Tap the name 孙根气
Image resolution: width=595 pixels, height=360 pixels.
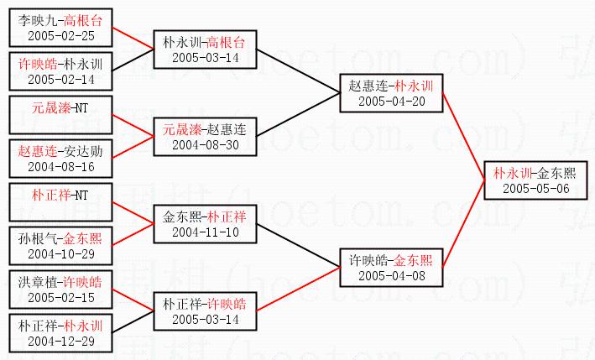pos(39,238)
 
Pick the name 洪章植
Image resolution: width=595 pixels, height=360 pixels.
pos(39,282)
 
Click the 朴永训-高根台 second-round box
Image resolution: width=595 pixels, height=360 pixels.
pos(205,49)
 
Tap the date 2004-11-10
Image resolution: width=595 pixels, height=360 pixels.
pos(205,232)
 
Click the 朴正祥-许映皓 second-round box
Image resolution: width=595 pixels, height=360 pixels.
pos(205,310)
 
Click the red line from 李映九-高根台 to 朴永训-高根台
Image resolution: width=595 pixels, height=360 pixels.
pos(133,39)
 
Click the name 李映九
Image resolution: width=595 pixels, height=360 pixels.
pos(35,18)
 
